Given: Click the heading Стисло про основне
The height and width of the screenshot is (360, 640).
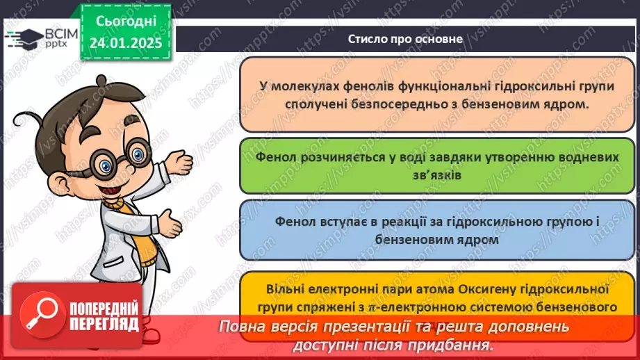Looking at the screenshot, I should point(405,39).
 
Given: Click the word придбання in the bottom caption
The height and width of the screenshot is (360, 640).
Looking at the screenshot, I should point(457,344).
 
